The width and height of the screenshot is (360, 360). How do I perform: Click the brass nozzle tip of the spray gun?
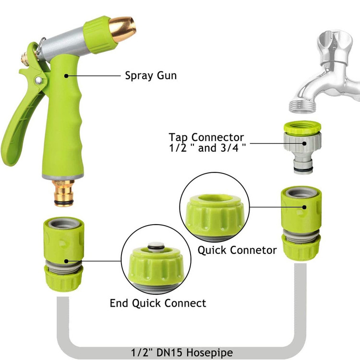122,29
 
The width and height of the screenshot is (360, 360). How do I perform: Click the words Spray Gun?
151,75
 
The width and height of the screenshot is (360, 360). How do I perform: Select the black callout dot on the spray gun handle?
66,76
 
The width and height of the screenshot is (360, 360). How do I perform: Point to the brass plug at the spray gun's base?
64,193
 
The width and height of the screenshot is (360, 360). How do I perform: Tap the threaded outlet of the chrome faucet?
302,106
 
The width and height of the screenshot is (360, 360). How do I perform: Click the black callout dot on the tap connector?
304,144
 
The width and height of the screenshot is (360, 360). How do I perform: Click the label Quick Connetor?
237,250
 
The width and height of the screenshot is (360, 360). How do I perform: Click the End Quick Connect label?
158,303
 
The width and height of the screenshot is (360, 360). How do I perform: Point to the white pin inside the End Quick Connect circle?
156,246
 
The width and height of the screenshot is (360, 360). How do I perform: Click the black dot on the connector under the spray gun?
66,261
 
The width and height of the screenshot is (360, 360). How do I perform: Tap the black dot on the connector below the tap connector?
304,207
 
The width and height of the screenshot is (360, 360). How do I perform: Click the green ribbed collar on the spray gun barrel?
99,35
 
